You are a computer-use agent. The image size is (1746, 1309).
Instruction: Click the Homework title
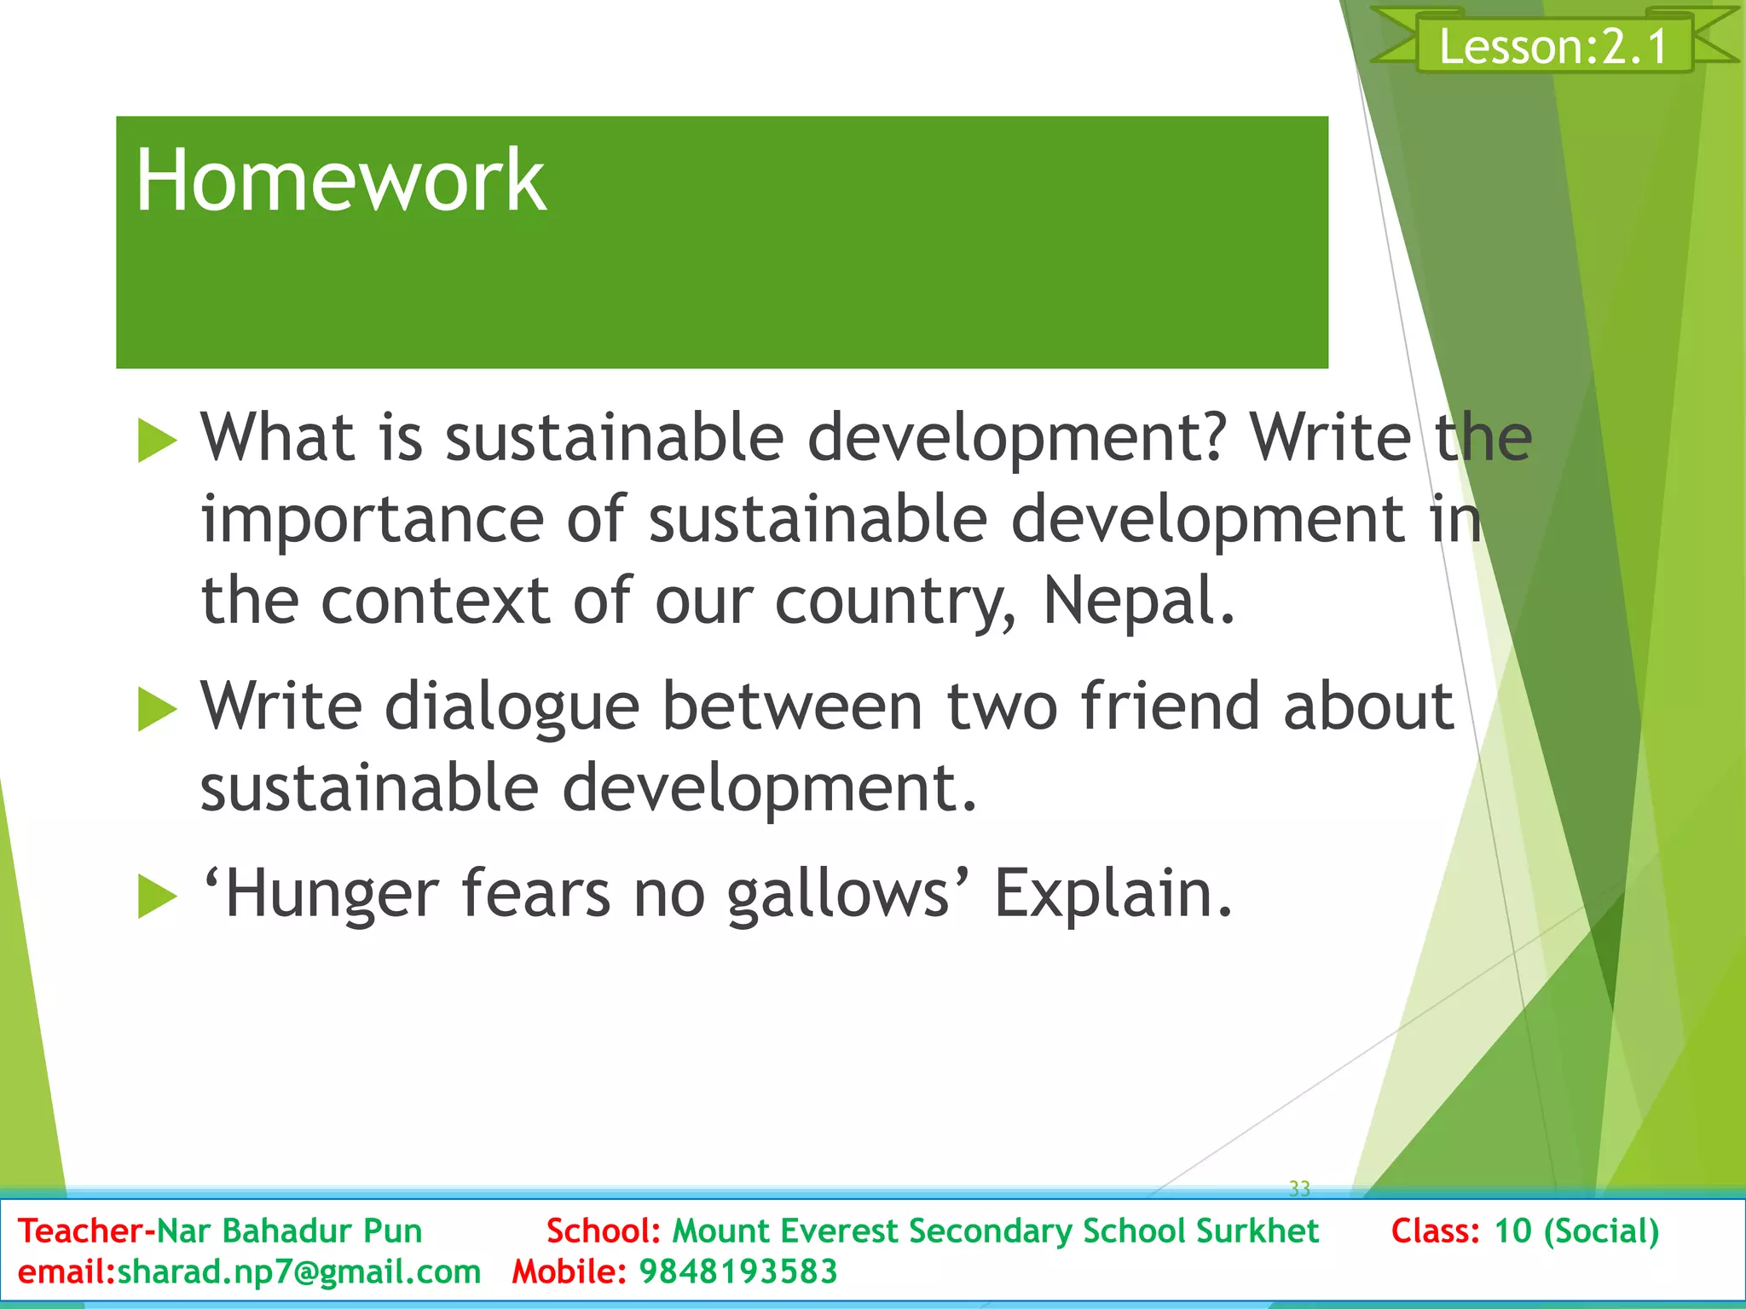pos(339,181)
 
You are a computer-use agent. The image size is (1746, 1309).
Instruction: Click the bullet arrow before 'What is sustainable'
pos(156,441)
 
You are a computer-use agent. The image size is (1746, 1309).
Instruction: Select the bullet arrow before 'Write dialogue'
pos(156,709)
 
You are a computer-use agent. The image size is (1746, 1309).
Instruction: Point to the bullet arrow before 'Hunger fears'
pos(156,897)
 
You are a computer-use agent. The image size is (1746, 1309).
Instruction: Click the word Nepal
pos(1138,601)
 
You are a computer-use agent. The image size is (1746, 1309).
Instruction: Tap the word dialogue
pos(512,707)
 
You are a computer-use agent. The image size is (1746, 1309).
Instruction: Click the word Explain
pos(1113,895)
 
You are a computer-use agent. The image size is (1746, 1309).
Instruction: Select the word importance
pos(372,520)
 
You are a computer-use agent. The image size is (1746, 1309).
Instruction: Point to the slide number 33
pos(1299,1188)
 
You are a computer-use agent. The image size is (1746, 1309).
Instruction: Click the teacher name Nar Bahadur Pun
pos(290,1231)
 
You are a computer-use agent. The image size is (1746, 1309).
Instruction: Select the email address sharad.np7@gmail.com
pos(298,1272)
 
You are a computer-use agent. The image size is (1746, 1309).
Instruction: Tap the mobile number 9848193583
pos(738,1272)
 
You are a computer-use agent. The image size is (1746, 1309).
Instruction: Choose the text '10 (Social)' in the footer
pos(1576,1231)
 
